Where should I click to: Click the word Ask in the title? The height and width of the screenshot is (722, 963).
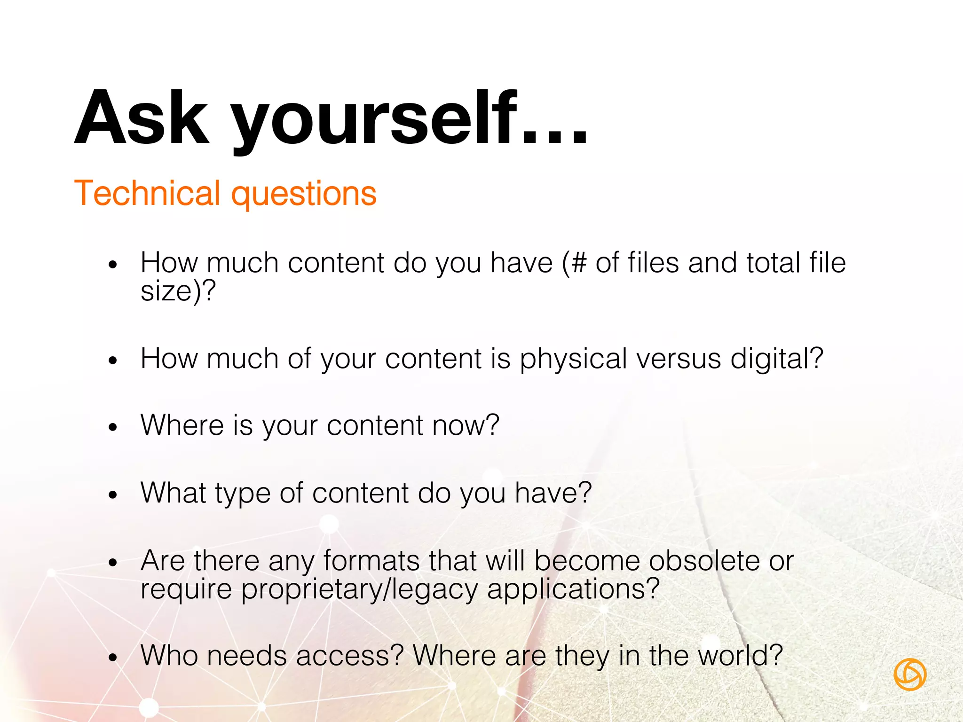[141, 118]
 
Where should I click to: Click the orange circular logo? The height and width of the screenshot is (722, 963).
[910, 675]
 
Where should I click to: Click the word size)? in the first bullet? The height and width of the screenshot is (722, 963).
[178, 291]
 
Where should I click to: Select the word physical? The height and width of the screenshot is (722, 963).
[573, 360]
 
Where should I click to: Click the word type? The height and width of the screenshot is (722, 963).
[243, 494]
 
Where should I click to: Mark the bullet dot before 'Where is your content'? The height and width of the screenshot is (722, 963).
[112, 427]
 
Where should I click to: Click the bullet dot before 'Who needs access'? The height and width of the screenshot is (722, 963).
[112, 658]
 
